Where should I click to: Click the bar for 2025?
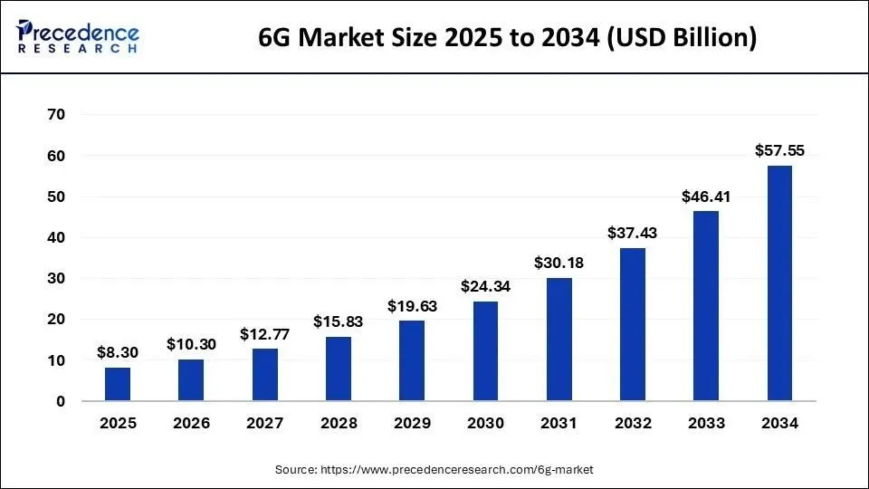click(118, 384)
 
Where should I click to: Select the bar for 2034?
click(779, 283)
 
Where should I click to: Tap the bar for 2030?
click(485, 351)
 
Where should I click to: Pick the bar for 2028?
click(338, 369)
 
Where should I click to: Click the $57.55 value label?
click(779, 150)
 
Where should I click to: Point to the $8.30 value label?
click(118, 352)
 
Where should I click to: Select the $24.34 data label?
click(485, 286)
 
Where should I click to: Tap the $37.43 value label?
click(632, 233)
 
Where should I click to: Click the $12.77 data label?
click(264, 334)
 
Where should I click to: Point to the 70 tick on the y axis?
click(55, 115)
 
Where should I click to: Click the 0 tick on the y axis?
click(60, 401)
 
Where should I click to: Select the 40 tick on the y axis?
click(55, 237)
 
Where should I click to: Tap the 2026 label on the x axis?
click(191, 423)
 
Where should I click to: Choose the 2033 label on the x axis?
click(706, 423)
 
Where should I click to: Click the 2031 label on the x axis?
click(559, 423)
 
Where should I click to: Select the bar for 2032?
click(632, 324)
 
